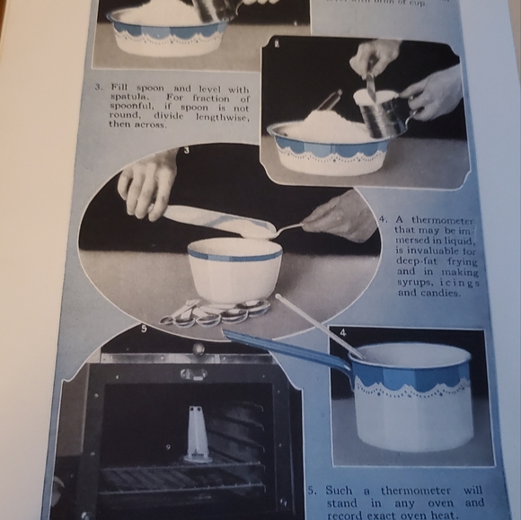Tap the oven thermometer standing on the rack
pos(198,434)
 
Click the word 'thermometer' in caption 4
pos(441,219)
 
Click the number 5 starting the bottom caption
pos(312,491)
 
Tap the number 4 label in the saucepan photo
pos(342,332)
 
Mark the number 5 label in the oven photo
pos(143,329)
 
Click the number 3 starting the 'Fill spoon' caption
pos(98,88)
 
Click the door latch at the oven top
pos(192,371)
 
